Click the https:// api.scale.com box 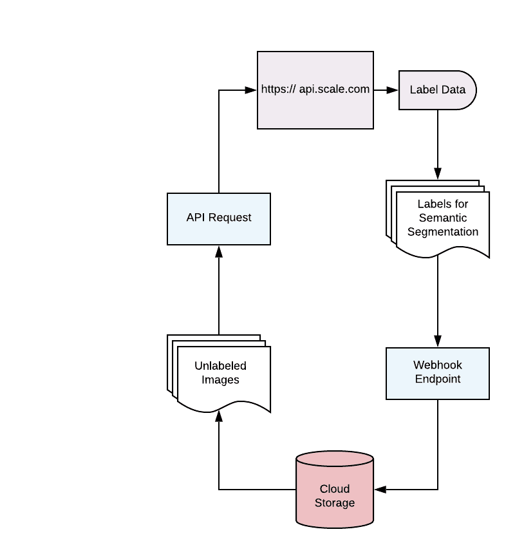[315, 90]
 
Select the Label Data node [438, 90]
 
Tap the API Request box [219, 218]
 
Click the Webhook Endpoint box [438, 373]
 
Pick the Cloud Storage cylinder [335, 496]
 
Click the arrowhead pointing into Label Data [393, 90]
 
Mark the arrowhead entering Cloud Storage [380, 490]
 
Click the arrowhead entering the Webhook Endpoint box [438, 342]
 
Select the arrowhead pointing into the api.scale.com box [252, 90]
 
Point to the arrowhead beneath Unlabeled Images [219, 417]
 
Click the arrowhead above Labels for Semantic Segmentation [438, 173]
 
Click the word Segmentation [443, 232]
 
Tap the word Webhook [438, 365]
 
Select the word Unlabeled [220, 366]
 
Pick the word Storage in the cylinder [335, 503]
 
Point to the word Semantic [443, 218]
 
